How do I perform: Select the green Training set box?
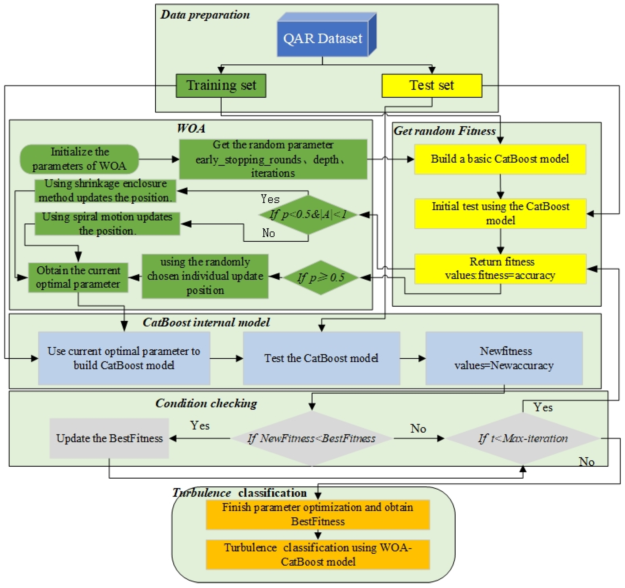221,86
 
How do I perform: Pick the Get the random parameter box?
273,159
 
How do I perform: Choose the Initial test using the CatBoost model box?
500,213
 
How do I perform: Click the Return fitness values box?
500,269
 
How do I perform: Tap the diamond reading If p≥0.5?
321,277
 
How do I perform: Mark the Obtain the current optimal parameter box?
78,278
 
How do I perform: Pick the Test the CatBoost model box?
321,358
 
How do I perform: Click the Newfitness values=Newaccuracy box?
504,358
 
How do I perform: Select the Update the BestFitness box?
109,438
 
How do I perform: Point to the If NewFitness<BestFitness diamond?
312,438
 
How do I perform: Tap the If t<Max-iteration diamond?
523,438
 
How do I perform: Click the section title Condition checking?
206,403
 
